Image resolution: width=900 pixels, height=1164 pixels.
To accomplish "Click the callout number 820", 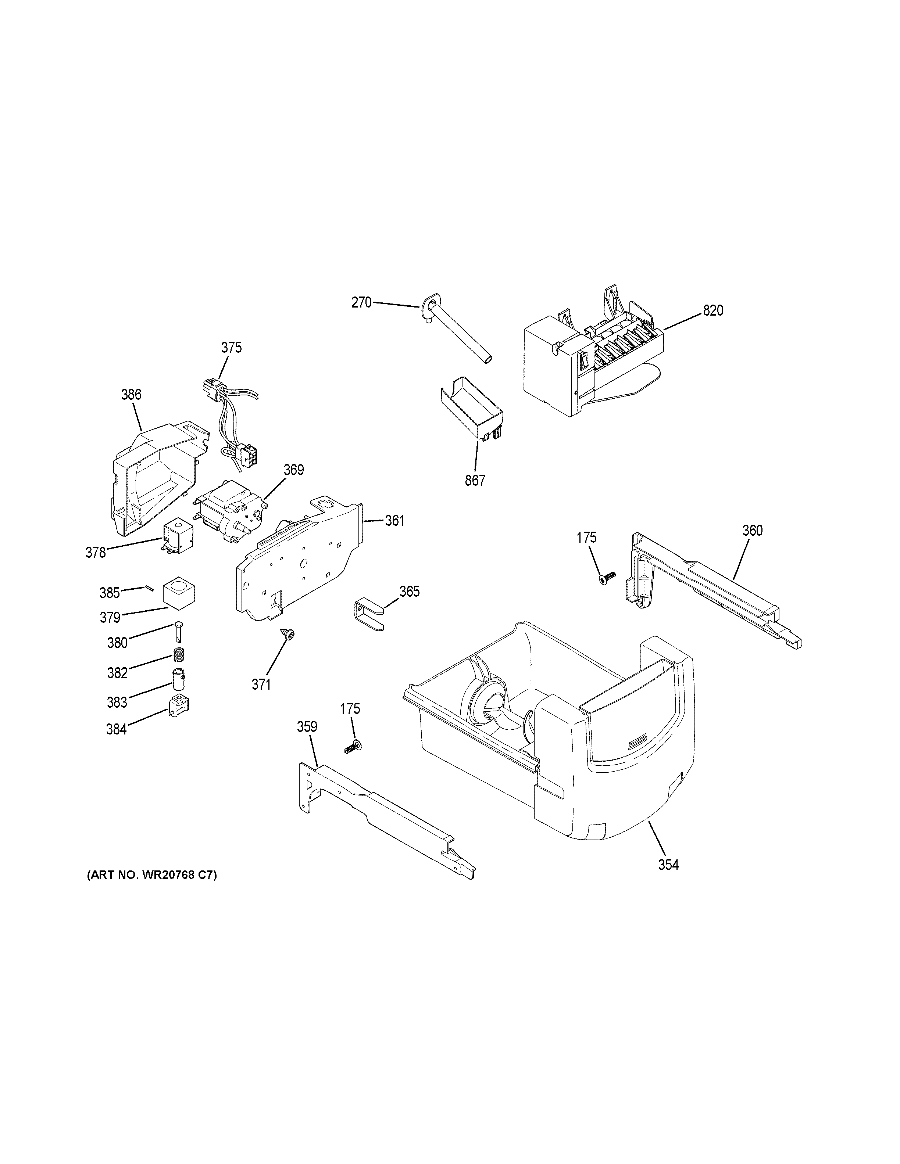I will click(713, 310).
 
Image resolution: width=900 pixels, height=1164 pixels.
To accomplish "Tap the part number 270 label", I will click(361, 303).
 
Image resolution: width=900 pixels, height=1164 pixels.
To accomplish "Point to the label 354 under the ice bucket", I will click(668, 865).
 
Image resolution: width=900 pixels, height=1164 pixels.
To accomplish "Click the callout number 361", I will click(394, 520).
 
